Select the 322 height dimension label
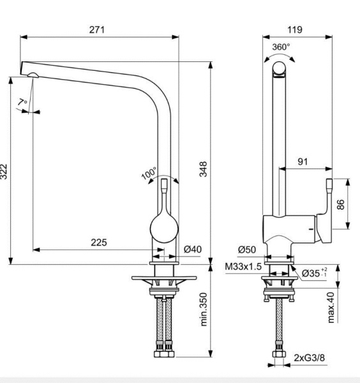(5, 171)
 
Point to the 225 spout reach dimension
(98, 243)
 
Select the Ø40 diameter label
(193, 250)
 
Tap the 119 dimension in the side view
(295, 29)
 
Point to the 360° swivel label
(281, 47)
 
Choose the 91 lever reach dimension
(303, 162)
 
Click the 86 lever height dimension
(340, 204)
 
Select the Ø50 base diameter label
(247, 250)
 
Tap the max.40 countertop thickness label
(331, 307)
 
